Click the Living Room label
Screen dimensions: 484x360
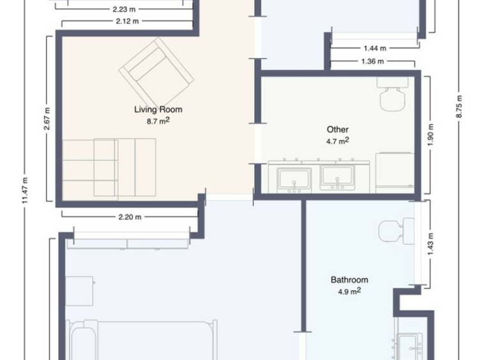tap(158, 110)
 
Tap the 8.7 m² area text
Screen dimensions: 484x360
tap(158, 121)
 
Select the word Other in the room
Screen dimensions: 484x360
tap(338, 130)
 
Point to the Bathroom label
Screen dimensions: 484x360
tap(349, 280)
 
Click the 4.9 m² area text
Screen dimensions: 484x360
tap(349, 291)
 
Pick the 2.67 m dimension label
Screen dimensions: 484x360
tap(47, 119)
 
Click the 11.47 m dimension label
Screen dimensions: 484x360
tap(25, 190)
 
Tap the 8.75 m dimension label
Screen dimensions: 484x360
tap(458, 107)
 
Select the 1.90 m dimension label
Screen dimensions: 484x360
tap(431, 135)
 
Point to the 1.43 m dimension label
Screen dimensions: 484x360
tap(431, 244)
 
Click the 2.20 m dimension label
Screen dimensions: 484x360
tap(130, 217)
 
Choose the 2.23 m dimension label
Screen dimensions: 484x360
tap(124, 10)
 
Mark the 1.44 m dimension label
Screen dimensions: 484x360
tap(375, 49)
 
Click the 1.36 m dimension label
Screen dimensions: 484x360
tap(372, 62)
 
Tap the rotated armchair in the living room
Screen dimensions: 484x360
tap(156, 72)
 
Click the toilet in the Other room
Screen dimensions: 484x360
tap(392, 94)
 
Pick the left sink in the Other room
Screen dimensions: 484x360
tap(294, 180)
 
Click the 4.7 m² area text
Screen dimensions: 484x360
tap(338, 141)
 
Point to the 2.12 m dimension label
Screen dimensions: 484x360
tap(128, 21)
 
